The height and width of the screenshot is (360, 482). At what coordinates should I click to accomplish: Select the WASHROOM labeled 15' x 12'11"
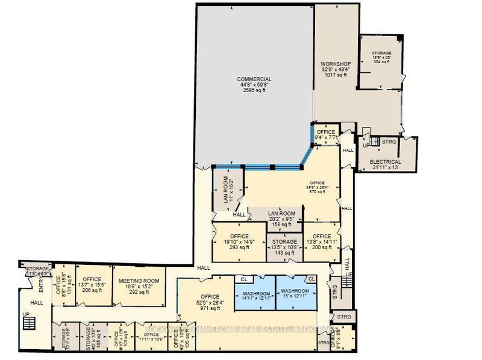pyautogui.click(x=295, y=294)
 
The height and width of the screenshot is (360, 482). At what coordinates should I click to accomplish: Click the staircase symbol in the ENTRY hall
pyautogui.click(x=28, y=323)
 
